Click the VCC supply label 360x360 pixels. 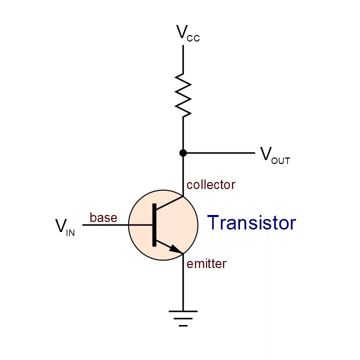click(x=187, y=33)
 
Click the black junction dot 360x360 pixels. click(x=183, y=152)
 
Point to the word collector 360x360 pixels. click(x=210, y=184)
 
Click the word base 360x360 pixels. click(x=103, y=217)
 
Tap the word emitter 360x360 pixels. click(x=206, y=263)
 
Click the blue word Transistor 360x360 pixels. click(x=251, y=223)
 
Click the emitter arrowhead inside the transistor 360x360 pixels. click(x=174, y=248)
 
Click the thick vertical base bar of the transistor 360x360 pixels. click(x=154, y=225)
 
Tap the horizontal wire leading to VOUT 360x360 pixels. click(x=220, y=152)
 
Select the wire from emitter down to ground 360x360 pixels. click(x=183, y=282)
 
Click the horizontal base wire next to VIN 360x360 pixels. click(x=105, y=225)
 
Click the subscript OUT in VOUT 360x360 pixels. click(x=281, y=160)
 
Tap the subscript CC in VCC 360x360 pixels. click(x=194, y=38)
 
